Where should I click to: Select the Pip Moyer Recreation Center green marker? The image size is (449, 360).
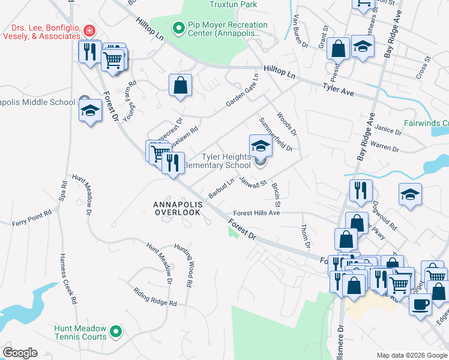tap(178, 28)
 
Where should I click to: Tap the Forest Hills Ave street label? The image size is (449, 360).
tap(256, 213)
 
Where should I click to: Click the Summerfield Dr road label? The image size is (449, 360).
tap(276, 134)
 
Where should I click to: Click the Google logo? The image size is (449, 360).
tap(20, 353)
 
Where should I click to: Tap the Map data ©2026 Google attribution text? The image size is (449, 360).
tap(411, 355)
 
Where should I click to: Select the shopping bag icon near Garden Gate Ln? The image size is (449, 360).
tap(180, 85)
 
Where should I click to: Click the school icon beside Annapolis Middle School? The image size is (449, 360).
tap(90, 110)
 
